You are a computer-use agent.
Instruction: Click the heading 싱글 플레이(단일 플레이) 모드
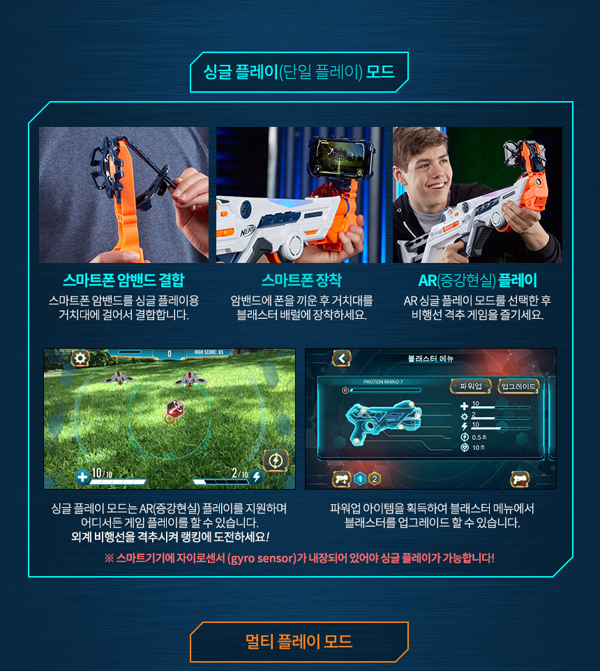pyautogui.click(x=299, y=71)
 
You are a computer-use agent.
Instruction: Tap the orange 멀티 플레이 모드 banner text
pyautogui.click(x=299, y=641)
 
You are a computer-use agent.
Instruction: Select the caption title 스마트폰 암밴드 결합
pyautogui.click(x=123, y=280)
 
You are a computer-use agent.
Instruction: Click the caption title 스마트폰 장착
pyautogui.click(x=301, y=280)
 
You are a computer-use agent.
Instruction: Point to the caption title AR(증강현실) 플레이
pyautogui.click(x=477, y=280)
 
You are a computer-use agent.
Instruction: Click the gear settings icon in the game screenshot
pyautogui.click(x=80, y=359)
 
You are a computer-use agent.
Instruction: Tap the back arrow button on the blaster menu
pyautogui.click(x=342, y=359)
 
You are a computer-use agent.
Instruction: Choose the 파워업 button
pyautogui.click(x=471, y=386)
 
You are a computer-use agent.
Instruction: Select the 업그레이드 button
pyautogui.click(x=518, y=386)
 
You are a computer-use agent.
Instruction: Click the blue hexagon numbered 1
pyautogui.click(x=360, y=479)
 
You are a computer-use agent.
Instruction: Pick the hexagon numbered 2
pyautogui.click(x=375, y=479)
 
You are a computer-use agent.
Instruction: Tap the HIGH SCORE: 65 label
pyautogui.click(x=209, y=352)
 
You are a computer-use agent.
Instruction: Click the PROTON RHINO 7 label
pyautogui.click(x=383, y=382)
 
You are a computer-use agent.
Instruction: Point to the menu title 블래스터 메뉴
pyautogui.click(x=430, y=359)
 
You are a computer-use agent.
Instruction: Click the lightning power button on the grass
pyautogui.click(x=276, y=460)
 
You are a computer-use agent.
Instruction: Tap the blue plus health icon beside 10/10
pyautogui.click(x=82, y=476)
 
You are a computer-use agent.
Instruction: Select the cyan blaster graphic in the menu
pyautogui.click(x=384, y=421)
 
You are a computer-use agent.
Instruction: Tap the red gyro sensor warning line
pyautogui.click(x=299, y=558)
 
